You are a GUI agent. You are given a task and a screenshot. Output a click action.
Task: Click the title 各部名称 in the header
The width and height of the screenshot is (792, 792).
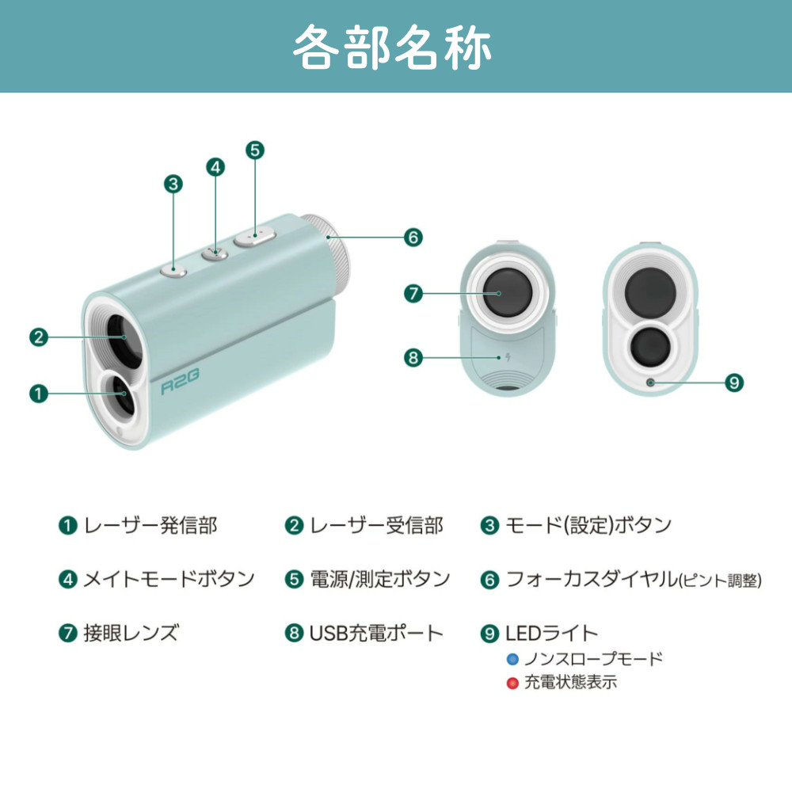[x=392, y=47]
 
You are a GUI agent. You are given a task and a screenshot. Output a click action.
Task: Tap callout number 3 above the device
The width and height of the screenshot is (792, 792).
[x=173, y=184]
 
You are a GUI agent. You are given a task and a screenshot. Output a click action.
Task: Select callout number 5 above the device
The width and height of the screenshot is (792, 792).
[x=255, y=150]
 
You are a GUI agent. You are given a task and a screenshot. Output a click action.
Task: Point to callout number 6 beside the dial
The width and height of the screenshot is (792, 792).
[x=413, y=237]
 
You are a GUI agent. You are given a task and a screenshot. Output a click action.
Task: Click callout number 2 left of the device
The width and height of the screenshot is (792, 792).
[x=39, y=337]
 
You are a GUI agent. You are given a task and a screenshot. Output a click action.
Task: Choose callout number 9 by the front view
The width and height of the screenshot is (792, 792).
[x=734, y=383]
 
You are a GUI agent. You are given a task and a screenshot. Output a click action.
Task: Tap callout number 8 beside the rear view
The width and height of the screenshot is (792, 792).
[x=413, y=358]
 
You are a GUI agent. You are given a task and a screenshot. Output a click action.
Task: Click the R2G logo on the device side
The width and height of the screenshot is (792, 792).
[x=180, y=382]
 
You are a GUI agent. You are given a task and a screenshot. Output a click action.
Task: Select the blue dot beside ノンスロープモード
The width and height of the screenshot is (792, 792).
[x=512, y=659]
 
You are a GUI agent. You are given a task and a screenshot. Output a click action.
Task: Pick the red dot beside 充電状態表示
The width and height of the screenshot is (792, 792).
[x=512, y=683]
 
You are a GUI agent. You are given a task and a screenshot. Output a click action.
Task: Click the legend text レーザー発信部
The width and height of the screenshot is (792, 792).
[x=150, y=526]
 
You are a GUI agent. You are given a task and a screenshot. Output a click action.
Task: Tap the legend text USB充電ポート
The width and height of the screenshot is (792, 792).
[x=376, y=633]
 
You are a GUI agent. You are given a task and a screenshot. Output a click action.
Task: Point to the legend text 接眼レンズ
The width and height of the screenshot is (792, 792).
[x=131, y=633]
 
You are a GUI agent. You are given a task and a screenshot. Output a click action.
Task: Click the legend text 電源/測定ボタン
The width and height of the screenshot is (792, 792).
[x=380, y=579]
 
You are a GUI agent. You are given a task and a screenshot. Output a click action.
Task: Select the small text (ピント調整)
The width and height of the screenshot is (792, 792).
[x=720, y=581]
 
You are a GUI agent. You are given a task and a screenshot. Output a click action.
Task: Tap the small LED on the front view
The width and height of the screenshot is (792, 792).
[x=650, y=383]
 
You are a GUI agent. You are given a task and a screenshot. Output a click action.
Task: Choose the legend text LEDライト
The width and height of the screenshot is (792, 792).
[x=551, y=633]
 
